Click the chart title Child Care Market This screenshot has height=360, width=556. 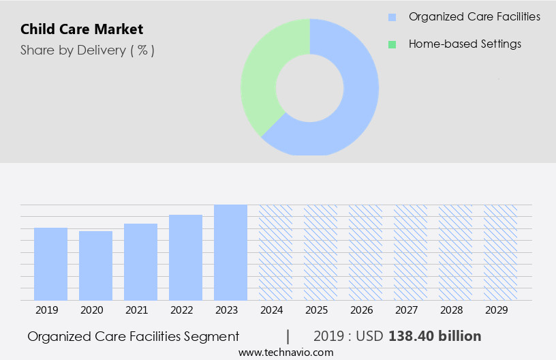[82, 29]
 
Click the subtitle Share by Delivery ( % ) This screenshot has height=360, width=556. [87, 50]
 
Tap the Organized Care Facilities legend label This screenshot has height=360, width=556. [474, 16]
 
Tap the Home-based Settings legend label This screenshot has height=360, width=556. [465, 44]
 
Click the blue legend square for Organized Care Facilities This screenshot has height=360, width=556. [392, 17]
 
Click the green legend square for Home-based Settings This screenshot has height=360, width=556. [392, 44]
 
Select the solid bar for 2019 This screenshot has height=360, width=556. [50, 264]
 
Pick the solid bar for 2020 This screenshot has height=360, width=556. [95, 266]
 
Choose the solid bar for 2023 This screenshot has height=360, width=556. [230, 252]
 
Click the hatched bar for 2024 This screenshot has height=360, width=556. [275, 252]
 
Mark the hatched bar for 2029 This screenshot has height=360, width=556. [500, 252]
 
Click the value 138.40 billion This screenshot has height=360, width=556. [435, 336]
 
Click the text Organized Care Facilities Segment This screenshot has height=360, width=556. [133, 336]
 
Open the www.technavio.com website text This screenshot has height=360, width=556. [285, 352]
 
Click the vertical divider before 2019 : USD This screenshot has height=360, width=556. [288, 336]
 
